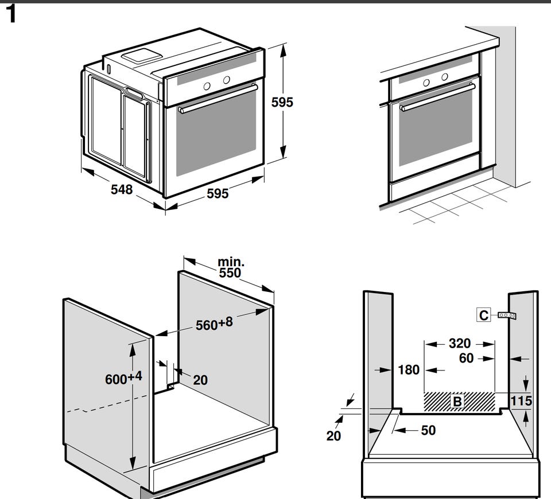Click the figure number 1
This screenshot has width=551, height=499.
pyautogui.click(x=10, y=15)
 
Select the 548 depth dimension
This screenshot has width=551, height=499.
pyautogui.click(x=122, y=189)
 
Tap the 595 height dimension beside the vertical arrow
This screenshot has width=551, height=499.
pyautogui.click(x=282, y=102)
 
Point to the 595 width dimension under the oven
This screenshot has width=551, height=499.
pyautogui.click(x=218, y=194)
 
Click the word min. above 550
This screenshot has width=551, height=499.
pyautogui.click(x=231, y=262)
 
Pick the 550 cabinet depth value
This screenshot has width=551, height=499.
pyautogui.click(x=230, y=273)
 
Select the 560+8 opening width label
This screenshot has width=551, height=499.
pyautogui.click(x=214, y=324)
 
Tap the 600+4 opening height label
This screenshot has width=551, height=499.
pyautogui.click(x=123, y=379)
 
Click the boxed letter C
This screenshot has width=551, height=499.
pyautogui.click(x=484, y=315)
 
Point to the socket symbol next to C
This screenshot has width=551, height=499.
pyautogui.click(x=507, y=315)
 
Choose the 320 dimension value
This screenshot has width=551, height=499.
pyautogui.click(x=459, y=344)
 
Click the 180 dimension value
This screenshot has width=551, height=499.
pyautogui.click(x=409, y=370)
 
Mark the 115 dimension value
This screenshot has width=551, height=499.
pyautogui.click(x=521, y=400)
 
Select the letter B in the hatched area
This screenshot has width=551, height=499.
pyautogui.click(x=457, y=401)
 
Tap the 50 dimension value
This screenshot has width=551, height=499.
pyautogui.click(x=428, y=430)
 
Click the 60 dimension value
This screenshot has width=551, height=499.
pyautogui.click(x=467, y=358)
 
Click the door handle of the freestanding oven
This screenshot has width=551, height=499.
pyautogui.click(x=218, y=98)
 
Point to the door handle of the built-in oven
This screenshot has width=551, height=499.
pyautogui.click(x=438, y=96)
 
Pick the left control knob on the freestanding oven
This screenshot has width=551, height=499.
pyautogui.click(x=207, y=86)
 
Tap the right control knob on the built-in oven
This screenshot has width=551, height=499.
pyautogui.click(x=445, y=76)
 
